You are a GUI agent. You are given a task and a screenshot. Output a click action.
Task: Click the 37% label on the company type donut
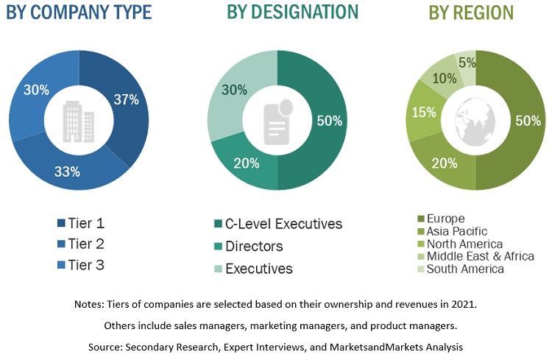point(125,100)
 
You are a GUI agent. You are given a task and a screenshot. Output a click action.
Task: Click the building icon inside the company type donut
point(78,120)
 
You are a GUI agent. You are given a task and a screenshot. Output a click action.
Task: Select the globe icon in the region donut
point(475,120)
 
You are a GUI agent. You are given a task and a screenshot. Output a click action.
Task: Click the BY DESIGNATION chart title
point(292,13)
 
